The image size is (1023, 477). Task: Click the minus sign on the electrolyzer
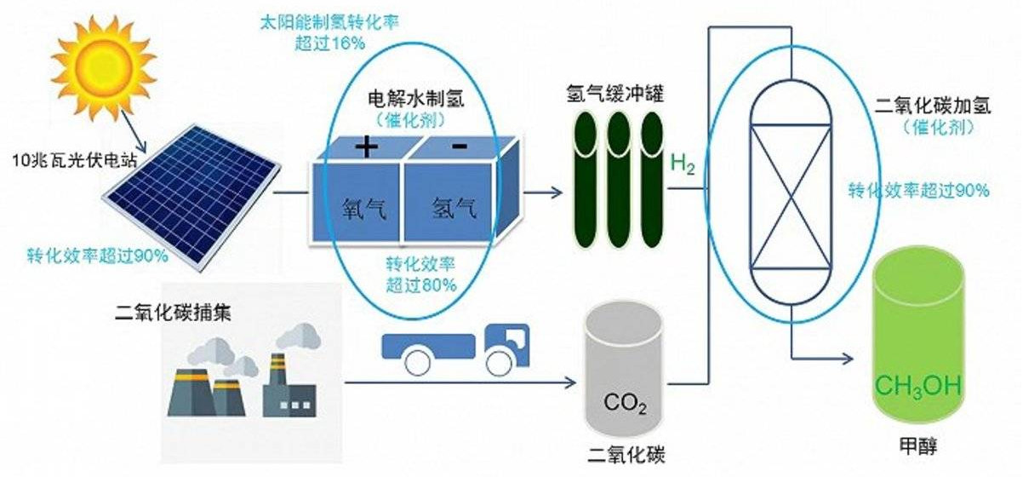pyautogui.click(x=460, y=147)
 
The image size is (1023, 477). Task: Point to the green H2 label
pyautogui.click(x=683, y=163)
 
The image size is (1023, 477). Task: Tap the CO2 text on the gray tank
pyautogui.click(x=625, y=400)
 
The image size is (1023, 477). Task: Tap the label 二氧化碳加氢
pyautogui.click(x=925, y=106)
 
